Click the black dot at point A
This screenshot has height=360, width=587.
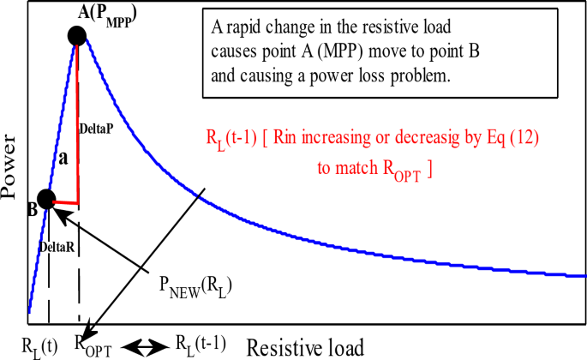pos(77,35)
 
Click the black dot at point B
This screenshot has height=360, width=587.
pos(45,199)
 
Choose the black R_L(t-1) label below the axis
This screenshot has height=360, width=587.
pos(200,345)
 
